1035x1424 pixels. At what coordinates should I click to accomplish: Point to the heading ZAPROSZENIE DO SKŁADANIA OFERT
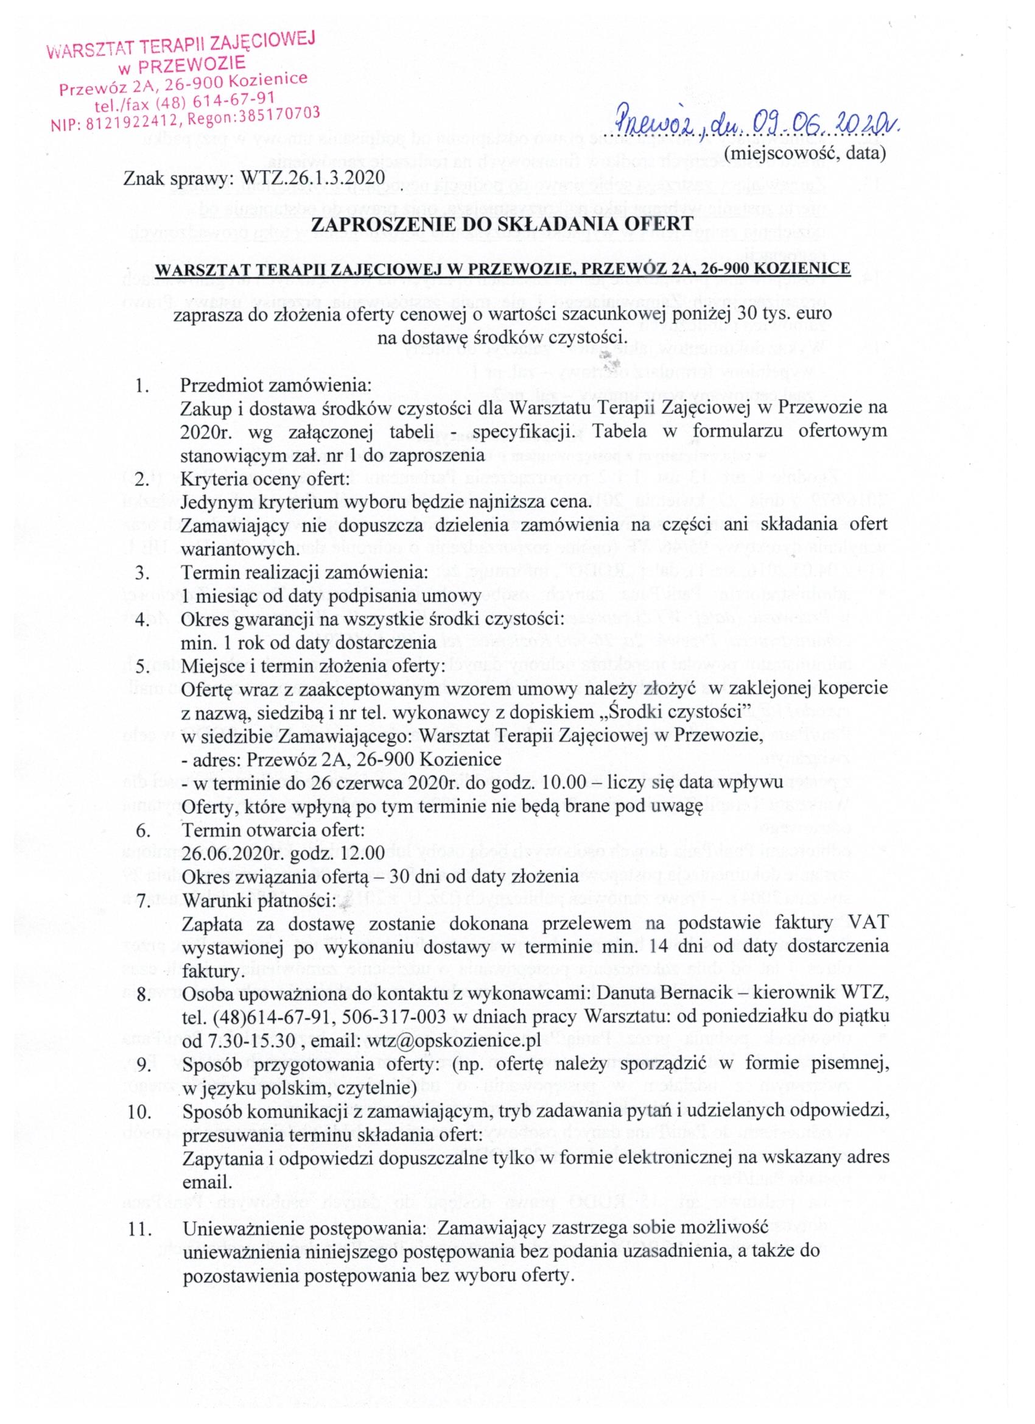(502, 224)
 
